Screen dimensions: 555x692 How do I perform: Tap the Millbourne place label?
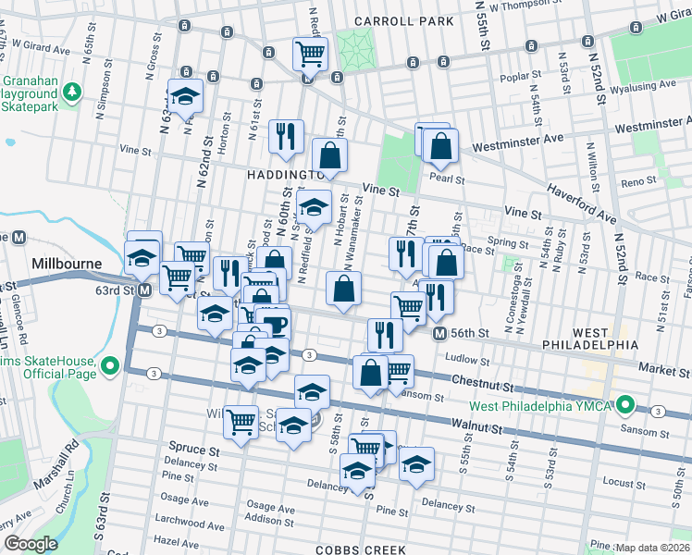(67, 264)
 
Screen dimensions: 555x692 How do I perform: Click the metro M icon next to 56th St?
(441, 333)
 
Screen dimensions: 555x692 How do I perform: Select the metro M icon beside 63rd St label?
(145, 290)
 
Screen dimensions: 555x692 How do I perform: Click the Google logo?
(31, 543)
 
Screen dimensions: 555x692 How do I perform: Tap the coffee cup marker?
(274, 325)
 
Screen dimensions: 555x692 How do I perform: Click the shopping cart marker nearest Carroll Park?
(310, 53)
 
